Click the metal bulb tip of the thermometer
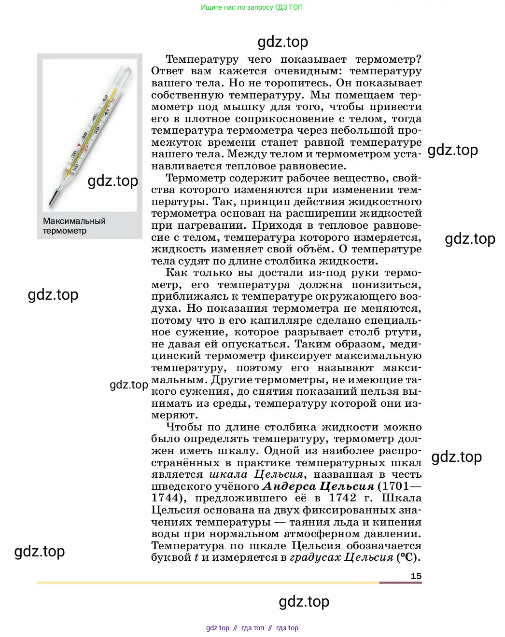(53, 198)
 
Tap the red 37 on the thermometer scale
(86, 149)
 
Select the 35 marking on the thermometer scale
(76, 167)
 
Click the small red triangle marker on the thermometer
(79, 144)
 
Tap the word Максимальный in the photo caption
(74, 221)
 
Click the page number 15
(416, 576)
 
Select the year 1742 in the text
(342, 498)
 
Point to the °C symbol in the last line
(407, 557)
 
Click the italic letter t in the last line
(196, 558)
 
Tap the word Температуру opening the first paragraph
(202, 59)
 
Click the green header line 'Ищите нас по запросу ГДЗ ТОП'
(252, 7)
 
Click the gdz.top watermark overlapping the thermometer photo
(113, 181)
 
